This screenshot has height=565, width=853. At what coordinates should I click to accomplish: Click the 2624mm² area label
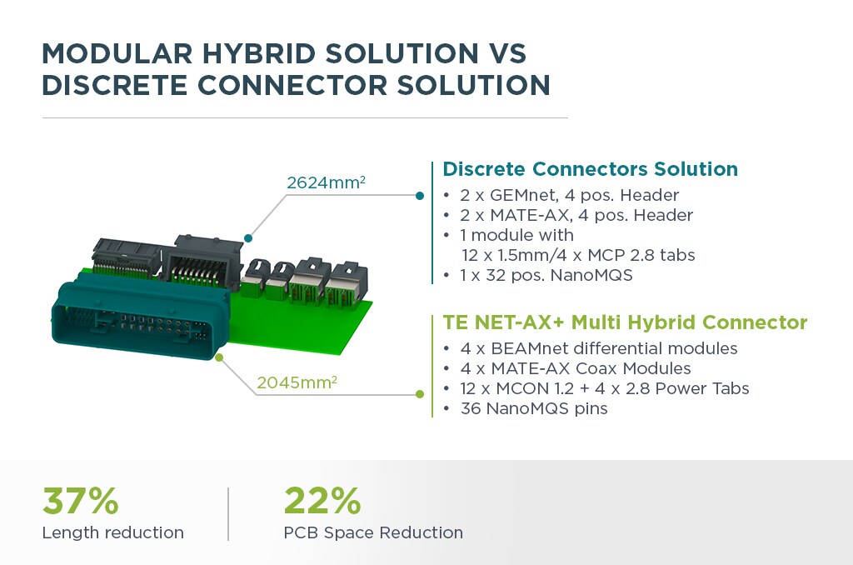point(326,182)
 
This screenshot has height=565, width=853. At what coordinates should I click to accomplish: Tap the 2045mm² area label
point(297,382)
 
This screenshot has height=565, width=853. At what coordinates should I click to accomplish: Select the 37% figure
point(81,501)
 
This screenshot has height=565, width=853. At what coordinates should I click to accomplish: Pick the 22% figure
point(322,501)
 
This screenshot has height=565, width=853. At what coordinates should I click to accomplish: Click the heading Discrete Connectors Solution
point(591,168)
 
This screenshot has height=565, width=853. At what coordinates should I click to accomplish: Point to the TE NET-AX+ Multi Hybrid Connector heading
point(625,322)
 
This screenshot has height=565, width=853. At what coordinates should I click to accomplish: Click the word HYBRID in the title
point(258,53)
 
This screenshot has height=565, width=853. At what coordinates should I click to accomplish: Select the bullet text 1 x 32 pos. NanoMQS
point(546,275)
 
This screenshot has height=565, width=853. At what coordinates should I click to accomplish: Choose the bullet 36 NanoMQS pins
point(534,408)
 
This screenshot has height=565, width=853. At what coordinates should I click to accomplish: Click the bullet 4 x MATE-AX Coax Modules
point(576,368)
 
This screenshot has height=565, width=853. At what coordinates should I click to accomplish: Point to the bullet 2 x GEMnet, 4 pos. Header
point(570,195)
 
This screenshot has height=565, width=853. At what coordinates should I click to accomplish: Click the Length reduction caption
point(113,532)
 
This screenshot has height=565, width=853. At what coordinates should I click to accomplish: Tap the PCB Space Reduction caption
point(373,532)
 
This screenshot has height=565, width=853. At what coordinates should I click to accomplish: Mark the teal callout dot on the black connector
point(248,237)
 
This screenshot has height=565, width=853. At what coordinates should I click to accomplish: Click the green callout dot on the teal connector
point(219,357)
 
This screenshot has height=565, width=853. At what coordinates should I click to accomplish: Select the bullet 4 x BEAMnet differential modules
point(599,348)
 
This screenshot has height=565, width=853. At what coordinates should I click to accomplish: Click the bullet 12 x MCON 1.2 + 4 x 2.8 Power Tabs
point(605,388)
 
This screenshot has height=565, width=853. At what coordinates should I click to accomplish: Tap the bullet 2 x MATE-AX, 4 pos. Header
point(576,215)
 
